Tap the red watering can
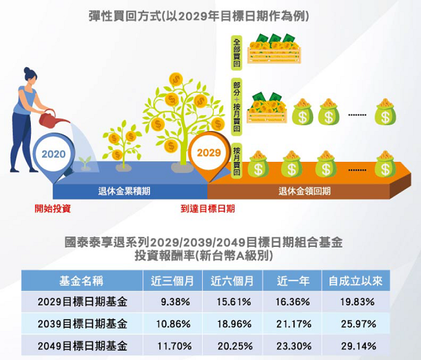(x=52, y=118)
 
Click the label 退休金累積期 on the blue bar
(x=124, y=192)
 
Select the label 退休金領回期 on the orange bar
(x=305, y=192)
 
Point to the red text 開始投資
(x=53, y=209)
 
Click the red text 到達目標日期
(x=208, y=209)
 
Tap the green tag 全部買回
(x=237, y=53)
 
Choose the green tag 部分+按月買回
(x=237, y=107)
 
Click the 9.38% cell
(x=176, y=302)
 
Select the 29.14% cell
(x=359, y=346)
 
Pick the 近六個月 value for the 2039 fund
(x=234, y=324)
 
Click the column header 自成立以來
(x=355, y=281)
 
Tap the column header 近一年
(x=293, y=281)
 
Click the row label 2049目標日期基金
(x=82, y=346)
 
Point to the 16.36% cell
(x=293, y=302)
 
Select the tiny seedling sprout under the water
(x=85, y=163)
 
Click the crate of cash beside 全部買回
(x=275, y=49)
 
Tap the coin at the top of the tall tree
(x=176, y=80)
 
